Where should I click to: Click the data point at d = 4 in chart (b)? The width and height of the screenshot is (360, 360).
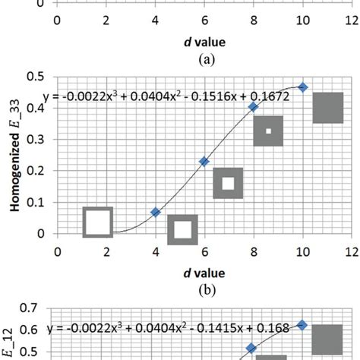coord(156,212)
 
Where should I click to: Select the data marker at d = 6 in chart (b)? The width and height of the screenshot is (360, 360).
coord(204,161)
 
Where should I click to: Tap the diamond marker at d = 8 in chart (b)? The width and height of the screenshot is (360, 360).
coord(254,107)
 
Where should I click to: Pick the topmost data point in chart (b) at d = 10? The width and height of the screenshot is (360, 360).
coord(302,87)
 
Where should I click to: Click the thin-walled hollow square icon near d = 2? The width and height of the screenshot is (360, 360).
coord(98,222)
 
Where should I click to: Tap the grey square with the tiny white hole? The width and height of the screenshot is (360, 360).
coord(268,131)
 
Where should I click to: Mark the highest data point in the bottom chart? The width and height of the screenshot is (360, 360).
coord(302,324)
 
